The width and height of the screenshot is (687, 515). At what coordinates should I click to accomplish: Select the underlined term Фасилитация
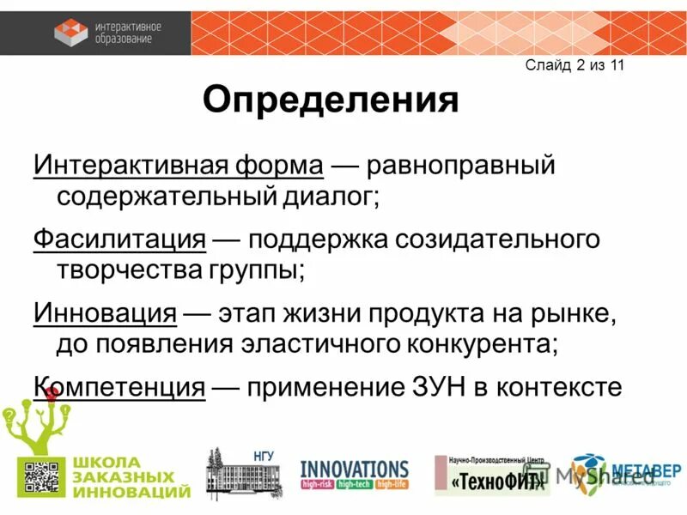click(x=119, y=239)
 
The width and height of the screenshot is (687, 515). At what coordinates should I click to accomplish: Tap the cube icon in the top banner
click(x=70, y=32)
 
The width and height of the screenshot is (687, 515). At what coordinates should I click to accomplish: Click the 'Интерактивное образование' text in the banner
click(x=129, y=32)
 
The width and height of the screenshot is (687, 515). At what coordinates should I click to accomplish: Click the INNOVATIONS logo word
click(x=354, y=469)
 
